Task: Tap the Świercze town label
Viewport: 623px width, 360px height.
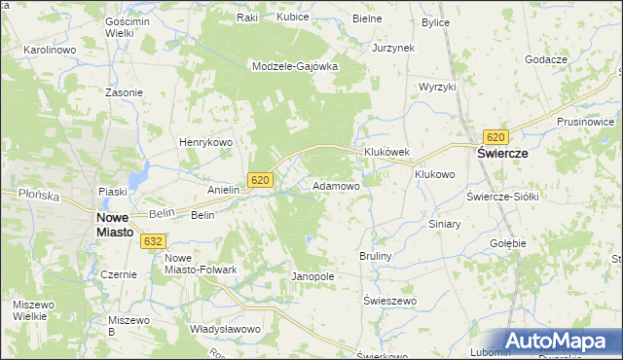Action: tap(501, 154)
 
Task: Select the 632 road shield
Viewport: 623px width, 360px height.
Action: tap(153, 240)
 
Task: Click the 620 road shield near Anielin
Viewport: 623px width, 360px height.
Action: tap(259, 180)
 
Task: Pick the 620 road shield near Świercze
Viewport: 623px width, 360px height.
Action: tap(496, 137)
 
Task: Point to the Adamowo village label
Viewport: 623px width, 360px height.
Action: tap(336, 185)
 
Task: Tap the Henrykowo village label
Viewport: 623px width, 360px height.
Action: tap(204, 142)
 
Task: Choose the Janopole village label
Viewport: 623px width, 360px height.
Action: tap(312, 276)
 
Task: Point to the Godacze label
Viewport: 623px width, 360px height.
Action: tap(545, 59)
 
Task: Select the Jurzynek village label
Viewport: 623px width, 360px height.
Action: tap(393, 47)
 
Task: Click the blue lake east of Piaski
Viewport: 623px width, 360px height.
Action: tap(140, 175)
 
